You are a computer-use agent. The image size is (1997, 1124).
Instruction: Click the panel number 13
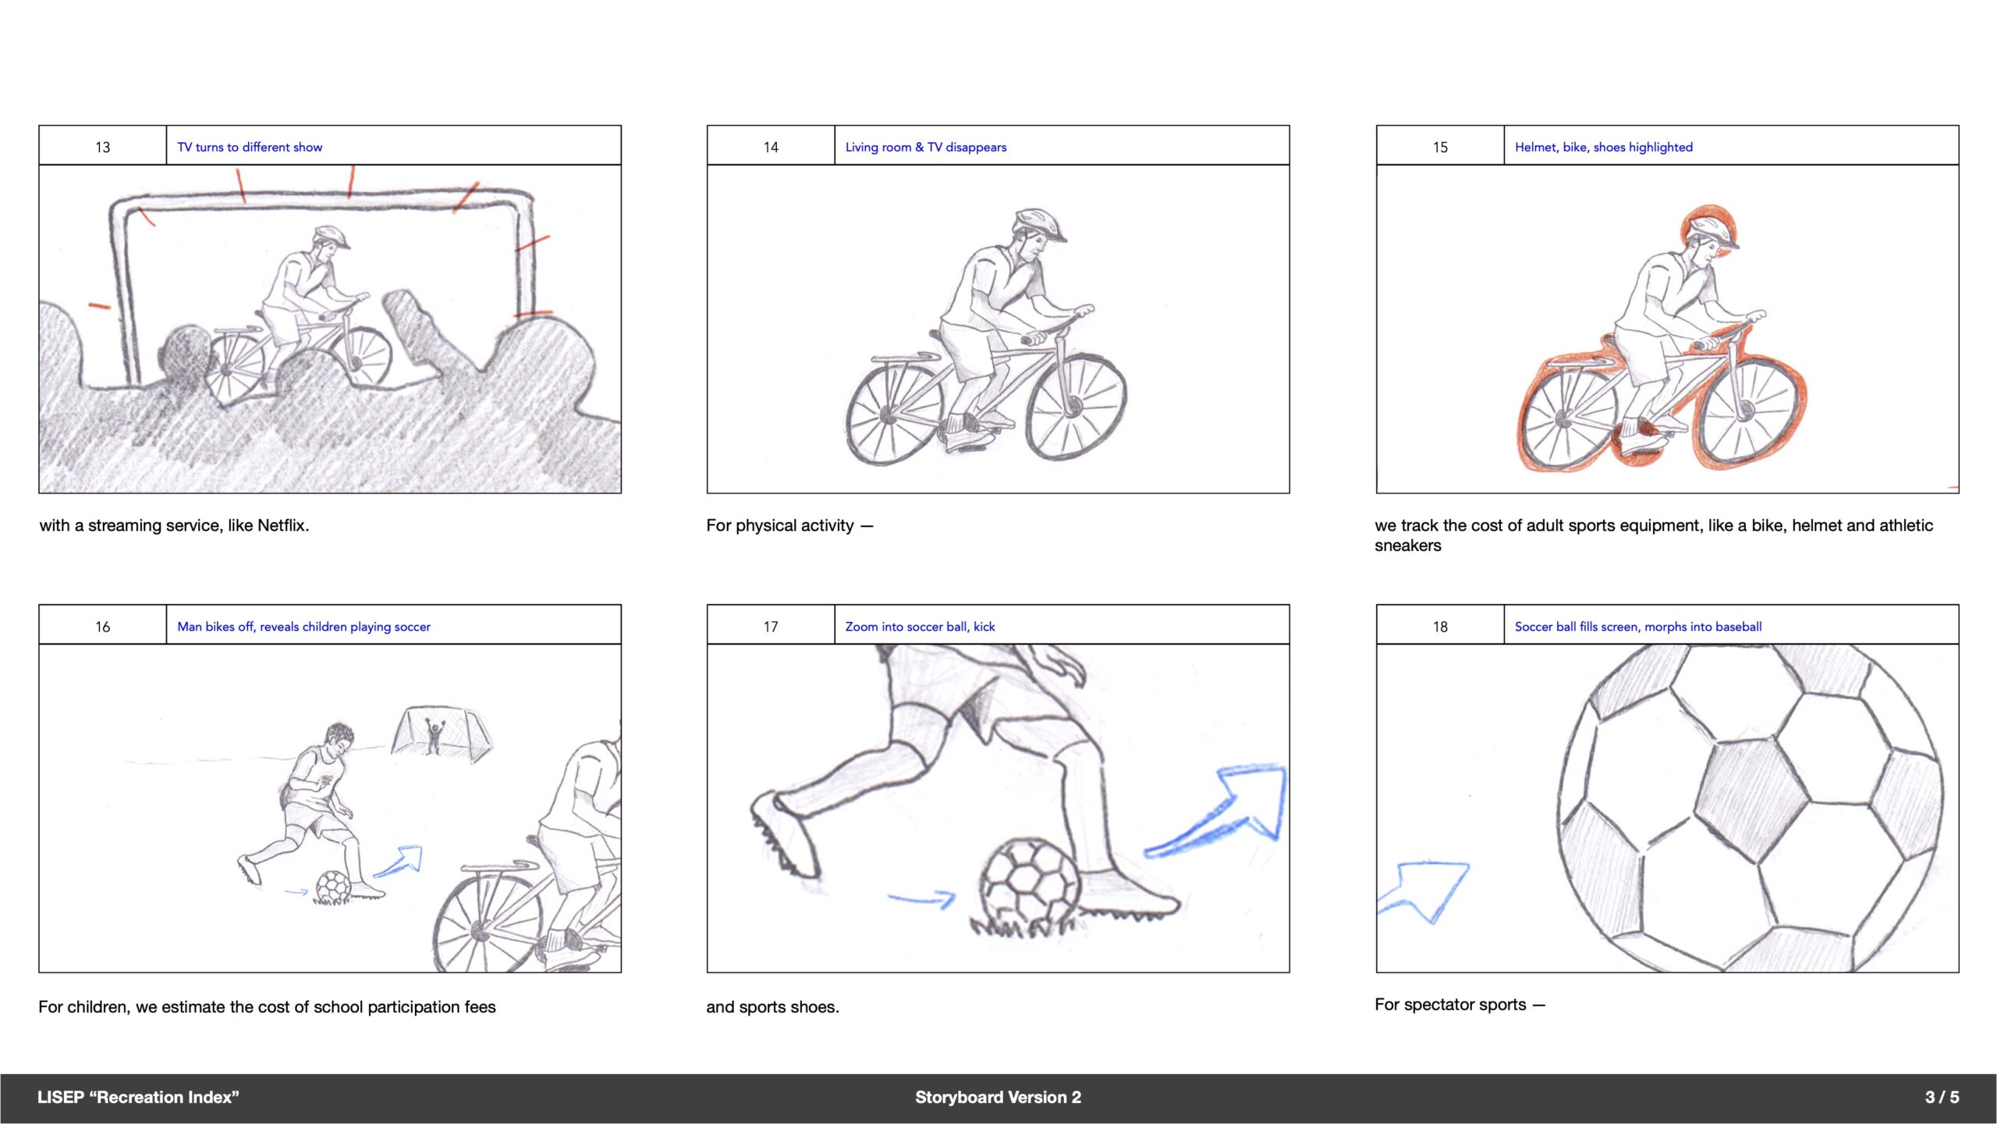(x=102, y=147)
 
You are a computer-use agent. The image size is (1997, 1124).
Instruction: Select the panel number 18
(x=1440, y=627)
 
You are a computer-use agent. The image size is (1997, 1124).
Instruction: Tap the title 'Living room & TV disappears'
(x=926, y=147)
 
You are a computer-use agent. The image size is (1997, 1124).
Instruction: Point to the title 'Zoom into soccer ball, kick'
(x=920, y=627)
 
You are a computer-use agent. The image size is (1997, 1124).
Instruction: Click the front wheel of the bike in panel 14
(x=1076, y=407)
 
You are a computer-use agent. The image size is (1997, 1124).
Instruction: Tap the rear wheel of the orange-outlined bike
(x=1566, y=418)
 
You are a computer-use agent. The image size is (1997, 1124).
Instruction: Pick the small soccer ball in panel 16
(x=334, y=887)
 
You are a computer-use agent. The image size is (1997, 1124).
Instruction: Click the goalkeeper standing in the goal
(x=435, y=735)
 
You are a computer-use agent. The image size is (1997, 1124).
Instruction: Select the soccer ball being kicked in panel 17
(x=1030, y=882)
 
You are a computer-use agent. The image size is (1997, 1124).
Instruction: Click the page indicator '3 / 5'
(x=1942, y=1097)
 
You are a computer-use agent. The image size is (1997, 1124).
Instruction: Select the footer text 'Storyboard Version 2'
(x=998, y=1097)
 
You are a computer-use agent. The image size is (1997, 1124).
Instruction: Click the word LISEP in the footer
(x=61, y=1097)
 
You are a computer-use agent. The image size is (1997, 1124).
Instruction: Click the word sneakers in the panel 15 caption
(x=1407, y=546)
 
